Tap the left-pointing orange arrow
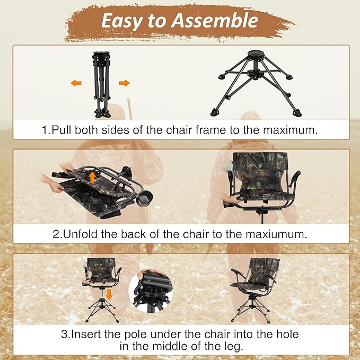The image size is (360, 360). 76,83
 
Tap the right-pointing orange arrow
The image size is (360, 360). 124,83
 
